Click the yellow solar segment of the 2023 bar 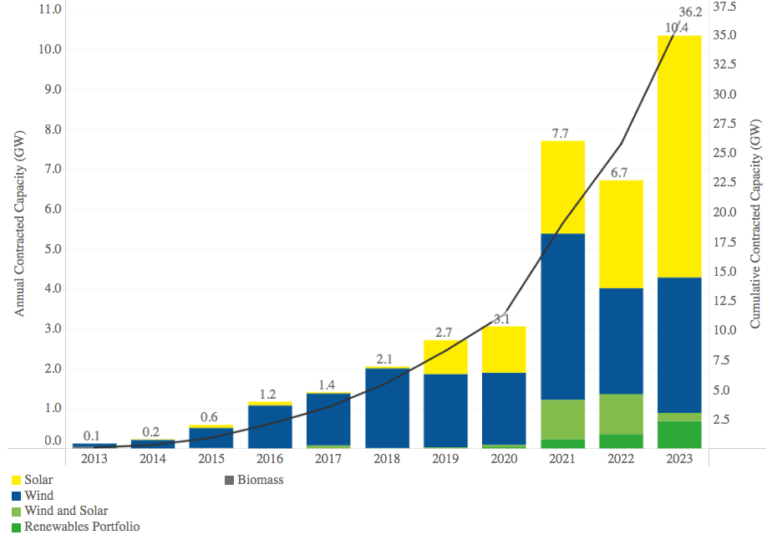click(679, 156)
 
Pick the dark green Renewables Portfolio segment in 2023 click(679, 434)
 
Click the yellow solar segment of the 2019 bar click(445, 357)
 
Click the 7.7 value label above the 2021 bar click(562, 133)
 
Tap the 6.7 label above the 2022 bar click(621, 173)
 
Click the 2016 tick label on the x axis click(270, 459)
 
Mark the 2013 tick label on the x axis click(94, 459)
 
